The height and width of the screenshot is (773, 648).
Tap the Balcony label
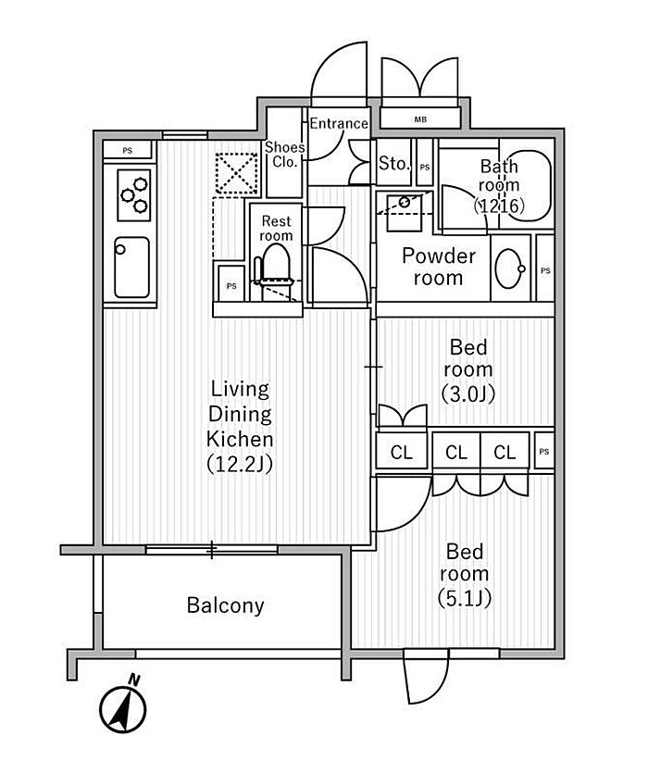click(x=225, y=605)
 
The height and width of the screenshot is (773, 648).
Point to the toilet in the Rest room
click(x=276, y=269)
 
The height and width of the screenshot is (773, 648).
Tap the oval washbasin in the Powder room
click(x=508, y=269)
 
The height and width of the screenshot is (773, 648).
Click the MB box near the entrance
click(x=420, y=118)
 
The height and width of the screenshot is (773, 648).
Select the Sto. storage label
click(x=393, y=164)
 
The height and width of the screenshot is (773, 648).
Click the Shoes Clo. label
click(x=284, y=154)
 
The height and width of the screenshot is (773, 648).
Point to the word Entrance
click(x=338, y=123)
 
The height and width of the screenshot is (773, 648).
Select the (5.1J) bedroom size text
click(x=465, y=598)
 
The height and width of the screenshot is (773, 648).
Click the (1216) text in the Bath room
click(x=500, y=206)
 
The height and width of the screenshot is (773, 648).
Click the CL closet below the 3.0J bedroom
click(x=401, y=453)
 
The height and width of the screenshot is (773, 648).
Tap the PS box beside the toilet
click(x=231, y=286)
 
